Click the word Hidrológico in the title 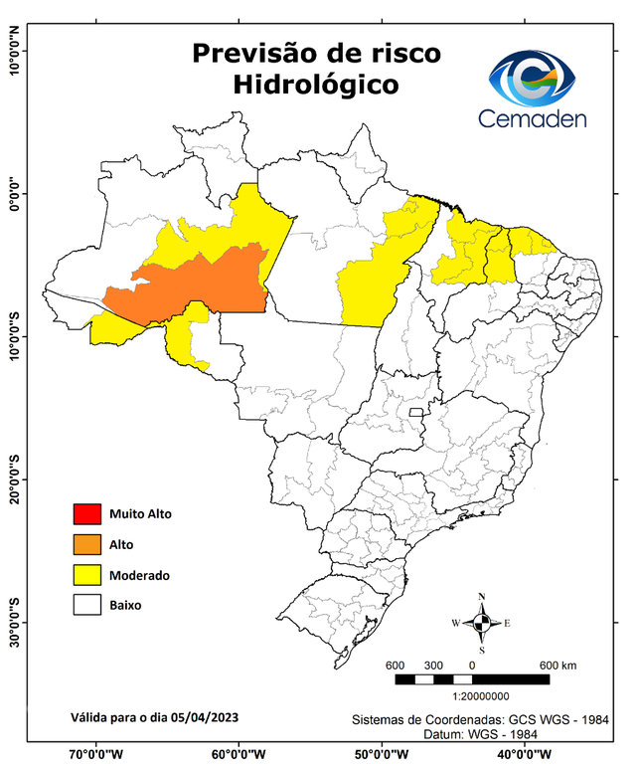click(x=315, y=86)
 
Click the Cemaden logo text click(x=533, y=118)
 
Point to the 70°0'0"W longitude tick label click(x=95, y=753)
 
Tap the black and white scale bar click(x=472, y=679)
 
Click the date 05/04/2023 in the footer click(x=204, y=716)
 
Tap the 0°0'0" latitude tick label click(x=15, y=194)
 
